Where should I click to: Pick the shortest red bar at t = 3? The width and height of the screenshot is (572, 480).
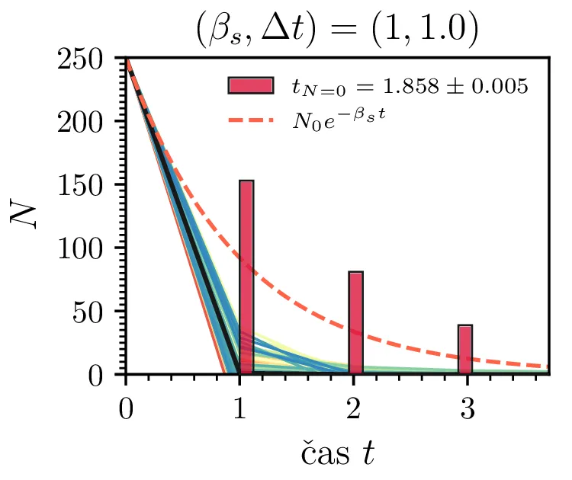[x=465, y=349]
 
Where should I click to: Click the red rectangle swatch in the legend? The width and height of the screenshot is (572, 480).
[x=250, y=85]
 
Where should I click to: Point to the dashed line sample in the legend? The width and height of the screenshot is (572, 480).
[x=250, y=120]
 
